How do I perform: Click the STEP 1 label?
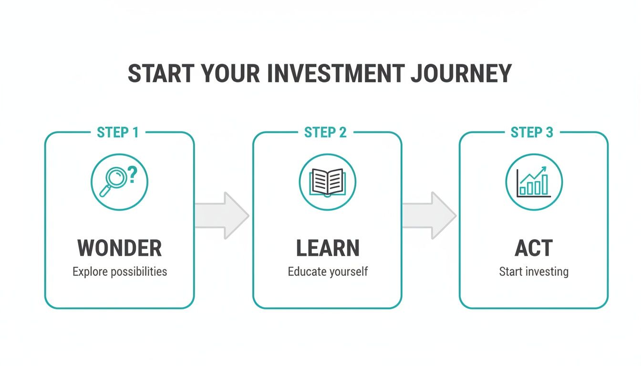118,132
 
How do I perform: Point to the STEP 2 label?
325,132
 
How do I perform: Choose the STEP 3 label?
532,132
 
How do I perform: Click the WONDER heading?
120,248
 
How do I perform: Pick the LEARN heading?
327,248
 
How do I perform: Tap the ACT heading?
534,248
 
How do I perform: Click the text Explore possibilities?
120,272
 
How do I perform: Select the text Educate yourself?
328,272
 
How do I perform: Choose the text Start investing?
534,272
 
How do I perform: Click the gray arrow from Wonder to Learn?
222,215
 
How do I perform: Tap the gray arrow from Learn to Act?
429,215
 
